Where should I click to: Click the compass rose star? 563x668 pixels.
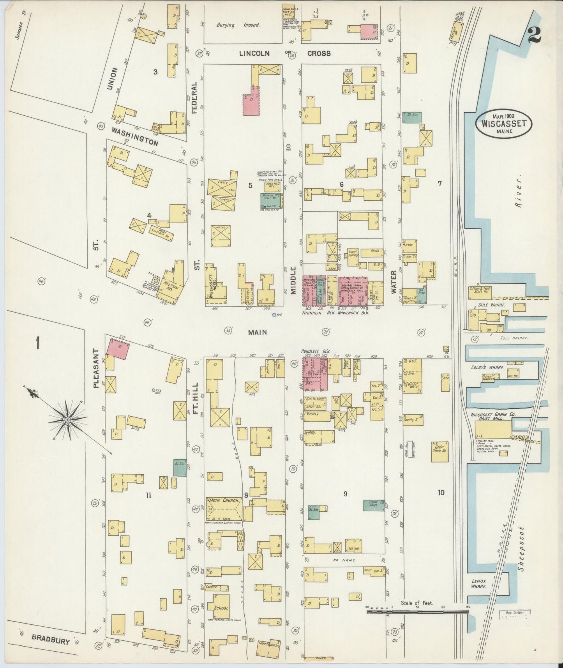[68, 420]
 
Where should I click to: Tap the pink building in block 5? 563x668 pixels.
[252, 103]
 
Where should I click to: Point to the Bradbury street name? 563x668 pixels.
[51, 639]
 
